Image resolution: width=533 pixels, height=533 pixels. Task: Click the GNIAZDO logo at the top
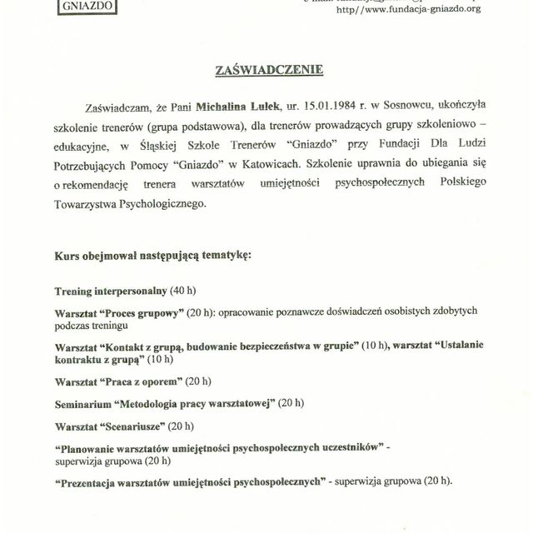click(x=87, y=7)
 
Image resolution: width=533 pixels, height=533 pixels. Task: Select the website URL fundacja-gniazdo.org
click(x=408, y=10)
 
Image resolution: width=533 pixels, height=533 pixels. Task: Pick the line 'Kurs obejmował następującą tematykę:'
click(x=152, y=254)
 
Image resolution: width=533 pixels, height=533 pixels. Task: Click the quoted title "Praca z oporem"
click(x=141, y=381)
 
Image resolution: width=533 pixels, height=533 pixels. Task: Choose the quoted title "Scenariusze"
click(x=132, y=426)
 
